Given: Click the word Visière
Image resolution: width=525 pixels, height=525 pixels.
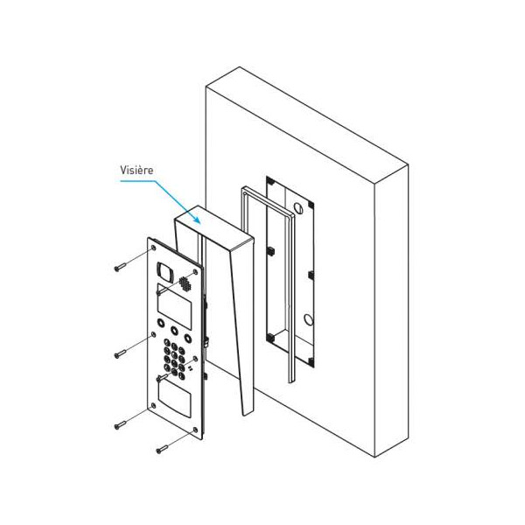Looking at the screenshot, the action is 136,170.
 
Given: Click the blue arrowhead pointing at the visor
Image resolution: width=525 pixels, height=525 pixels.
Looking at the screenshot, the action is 197,220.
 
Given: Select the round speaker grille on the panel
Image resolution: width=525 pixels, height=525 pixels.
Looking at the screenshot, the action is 185,283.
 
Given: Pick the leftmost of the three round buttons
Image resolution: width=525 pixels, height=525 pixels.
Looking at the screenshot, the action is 161,323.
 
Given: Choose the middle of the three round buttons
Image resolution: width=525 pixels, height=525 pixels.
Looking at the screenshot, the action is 174,330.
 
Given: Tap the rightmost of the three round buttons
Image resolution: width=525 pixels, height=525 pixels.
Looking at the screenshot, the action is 188,338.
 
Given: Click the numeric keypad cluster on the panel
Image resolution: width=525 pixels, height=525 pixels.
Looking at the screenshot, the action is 174,359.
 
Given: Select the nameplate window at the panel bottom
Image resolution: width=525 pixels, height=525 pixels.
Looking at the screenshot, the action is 174,400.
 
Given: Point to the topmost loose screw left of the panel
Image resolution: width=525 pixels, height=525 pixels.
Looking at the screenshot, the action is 120,267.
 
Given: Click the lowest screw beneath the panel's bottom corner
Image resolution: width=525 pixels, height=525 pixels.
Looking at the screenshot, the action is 163,450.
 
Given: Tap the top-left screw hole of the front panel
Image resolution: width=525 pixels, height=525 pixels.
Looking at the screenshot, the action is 154,248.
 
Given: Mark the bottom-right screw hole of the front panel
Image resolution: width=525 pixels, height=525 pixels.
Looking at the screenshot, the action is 195,430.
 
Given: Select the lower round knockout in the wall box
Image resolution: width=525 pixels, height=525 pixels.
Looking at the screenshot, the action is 309,319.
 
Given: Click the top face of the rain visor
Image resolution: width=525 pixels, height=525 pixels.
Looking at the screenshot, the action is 214,226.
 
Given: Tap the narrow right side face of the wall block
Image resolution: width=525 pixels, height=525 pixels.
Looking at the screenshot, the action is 391,311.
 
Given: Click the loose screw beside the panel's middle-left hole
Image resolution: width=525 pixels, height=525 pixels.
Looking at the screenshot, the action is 120,353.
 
